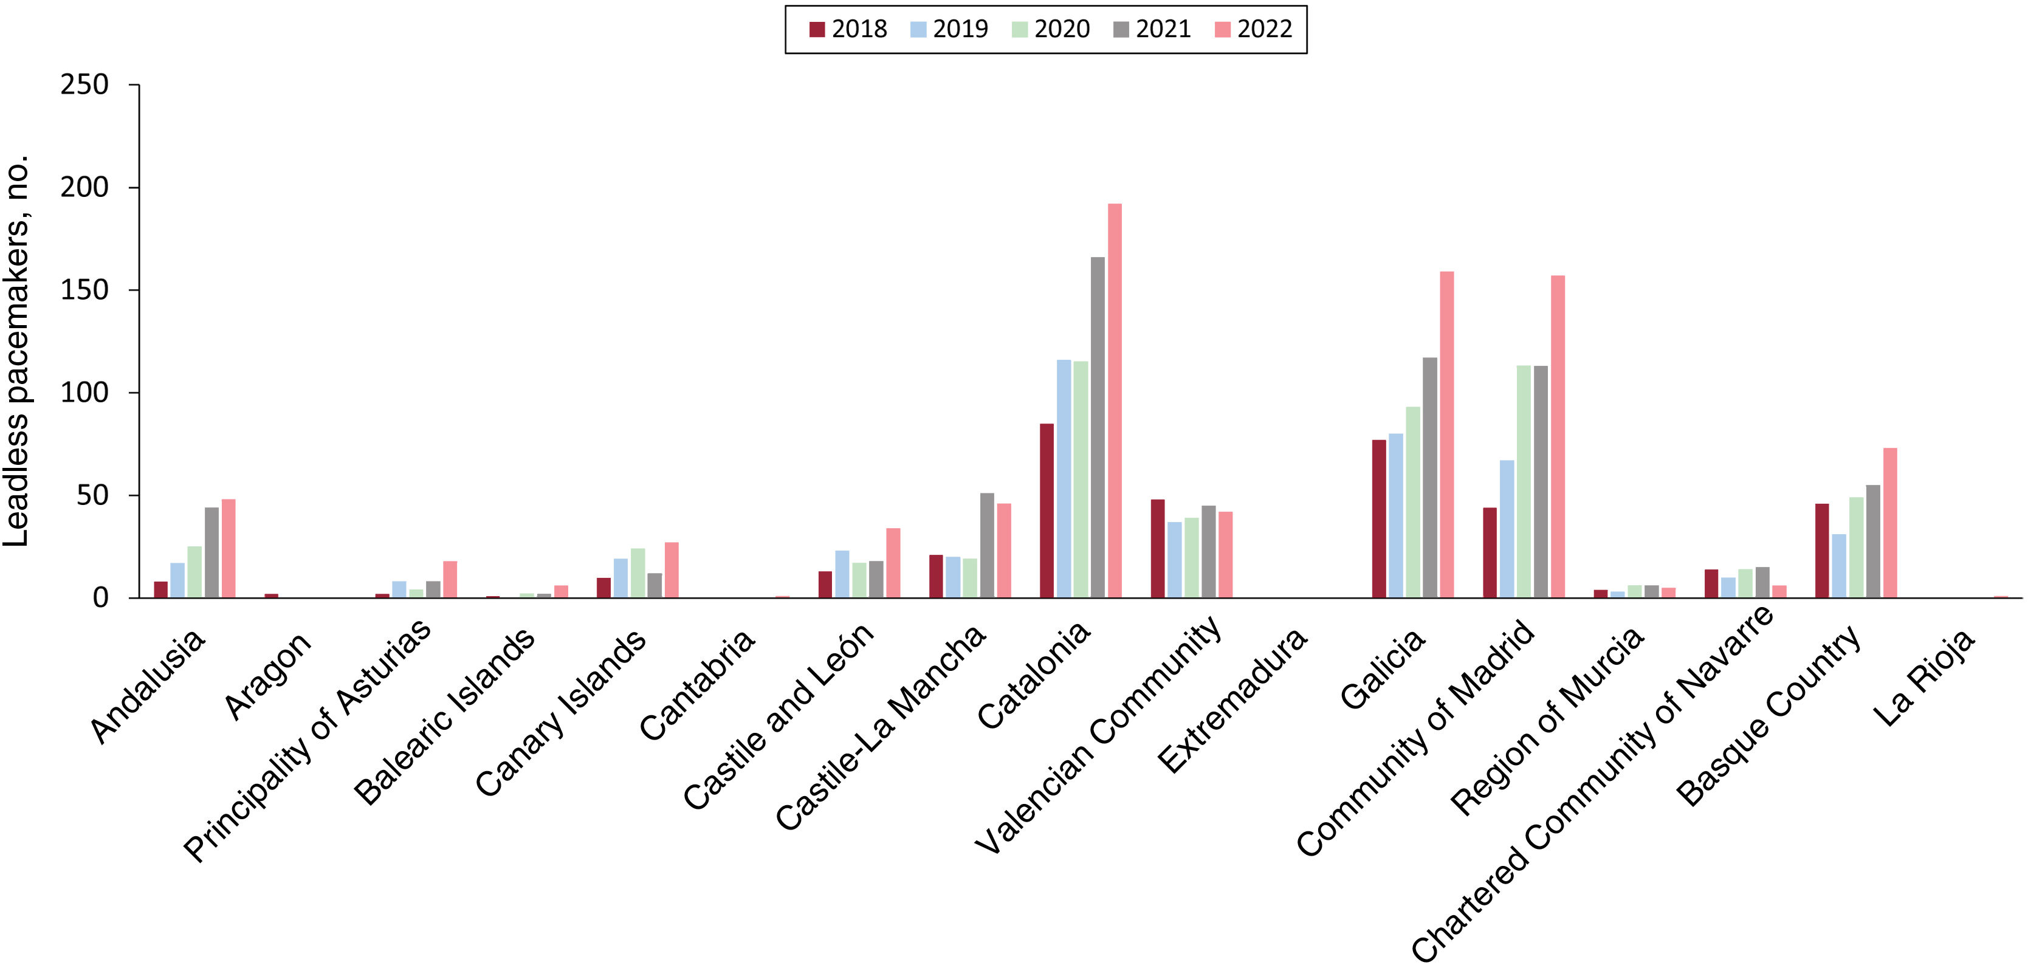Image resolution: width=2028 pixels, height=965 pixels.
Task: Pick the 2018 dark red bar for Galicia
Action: point(1380,519)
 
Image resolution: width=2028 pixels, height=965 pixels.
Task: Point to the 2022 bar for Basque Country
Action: point(1889,523)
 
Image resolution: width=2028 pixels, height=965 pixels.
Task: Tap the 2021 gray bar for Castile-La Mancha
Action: point(987,546)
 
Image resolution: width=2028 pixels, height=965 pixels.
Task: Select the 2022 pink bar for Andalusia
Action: point(229,549)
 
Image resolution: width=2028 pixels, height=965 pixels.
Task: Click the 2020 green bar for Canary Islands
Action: point(638,573)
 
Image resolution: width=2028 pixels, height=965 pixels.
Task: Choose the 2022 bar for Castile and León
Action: point(893,563)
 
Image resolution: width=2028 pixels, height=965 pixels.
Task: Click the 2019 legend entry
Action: point(949,30)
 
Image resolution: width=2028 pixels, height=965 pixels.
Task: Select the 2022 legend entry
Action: point(1253,30)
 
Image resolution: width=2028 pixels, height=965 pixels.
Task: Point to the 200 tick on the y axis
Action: point(84,187)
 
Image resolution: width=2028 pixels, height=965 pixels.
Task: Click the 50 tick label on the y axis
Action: point(91,496)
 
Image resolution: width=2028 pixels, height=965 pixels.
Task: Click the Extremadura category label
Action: point(1232,701)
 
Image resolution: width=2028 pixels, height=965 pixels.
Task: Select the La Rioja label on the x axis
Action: point(1924,679)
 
